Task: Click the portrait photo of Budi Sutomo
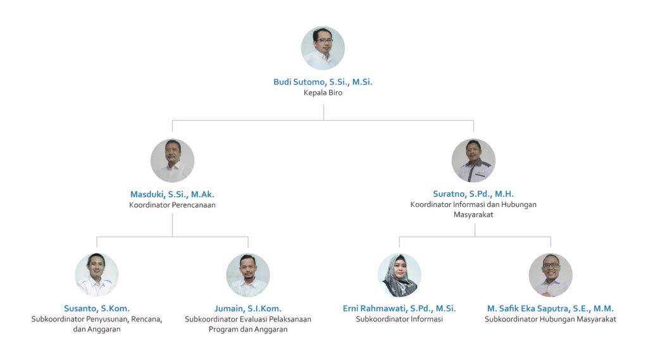coord(323,48)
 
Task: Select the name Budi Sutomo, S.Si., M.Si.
coord(323,82)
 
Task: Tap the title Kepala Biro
coord(323,92)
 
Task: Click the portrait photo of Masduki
coord(172,161)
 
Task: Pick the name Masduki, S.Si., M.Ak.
coord(172,194)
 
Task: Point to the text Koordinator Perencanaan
coord(172,205)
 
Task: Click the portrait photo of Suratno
coord(473,161)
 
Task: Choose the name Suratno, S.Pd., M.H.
coord(473,194)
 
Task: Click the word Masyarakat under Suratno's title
coord(473,215)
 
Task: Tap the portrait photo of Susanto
coord(97,275)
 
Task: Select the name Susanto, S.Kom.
coord(97,308)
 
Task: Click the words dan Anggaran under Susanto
coord(97,329)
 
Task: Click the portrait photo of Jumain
coord(248,275)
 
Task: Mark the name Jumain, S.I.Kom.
coord(248,308)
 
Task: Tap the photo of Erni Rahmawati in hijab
coord(399,275)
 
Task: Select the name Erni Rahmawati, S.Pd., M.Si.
coord(399,308)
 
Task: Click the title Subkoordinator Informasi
coord(399,319)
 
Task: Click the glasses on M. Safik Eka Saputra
coord(551,265)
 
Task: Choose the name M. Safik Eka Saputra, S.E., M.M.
coord(551,308)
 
